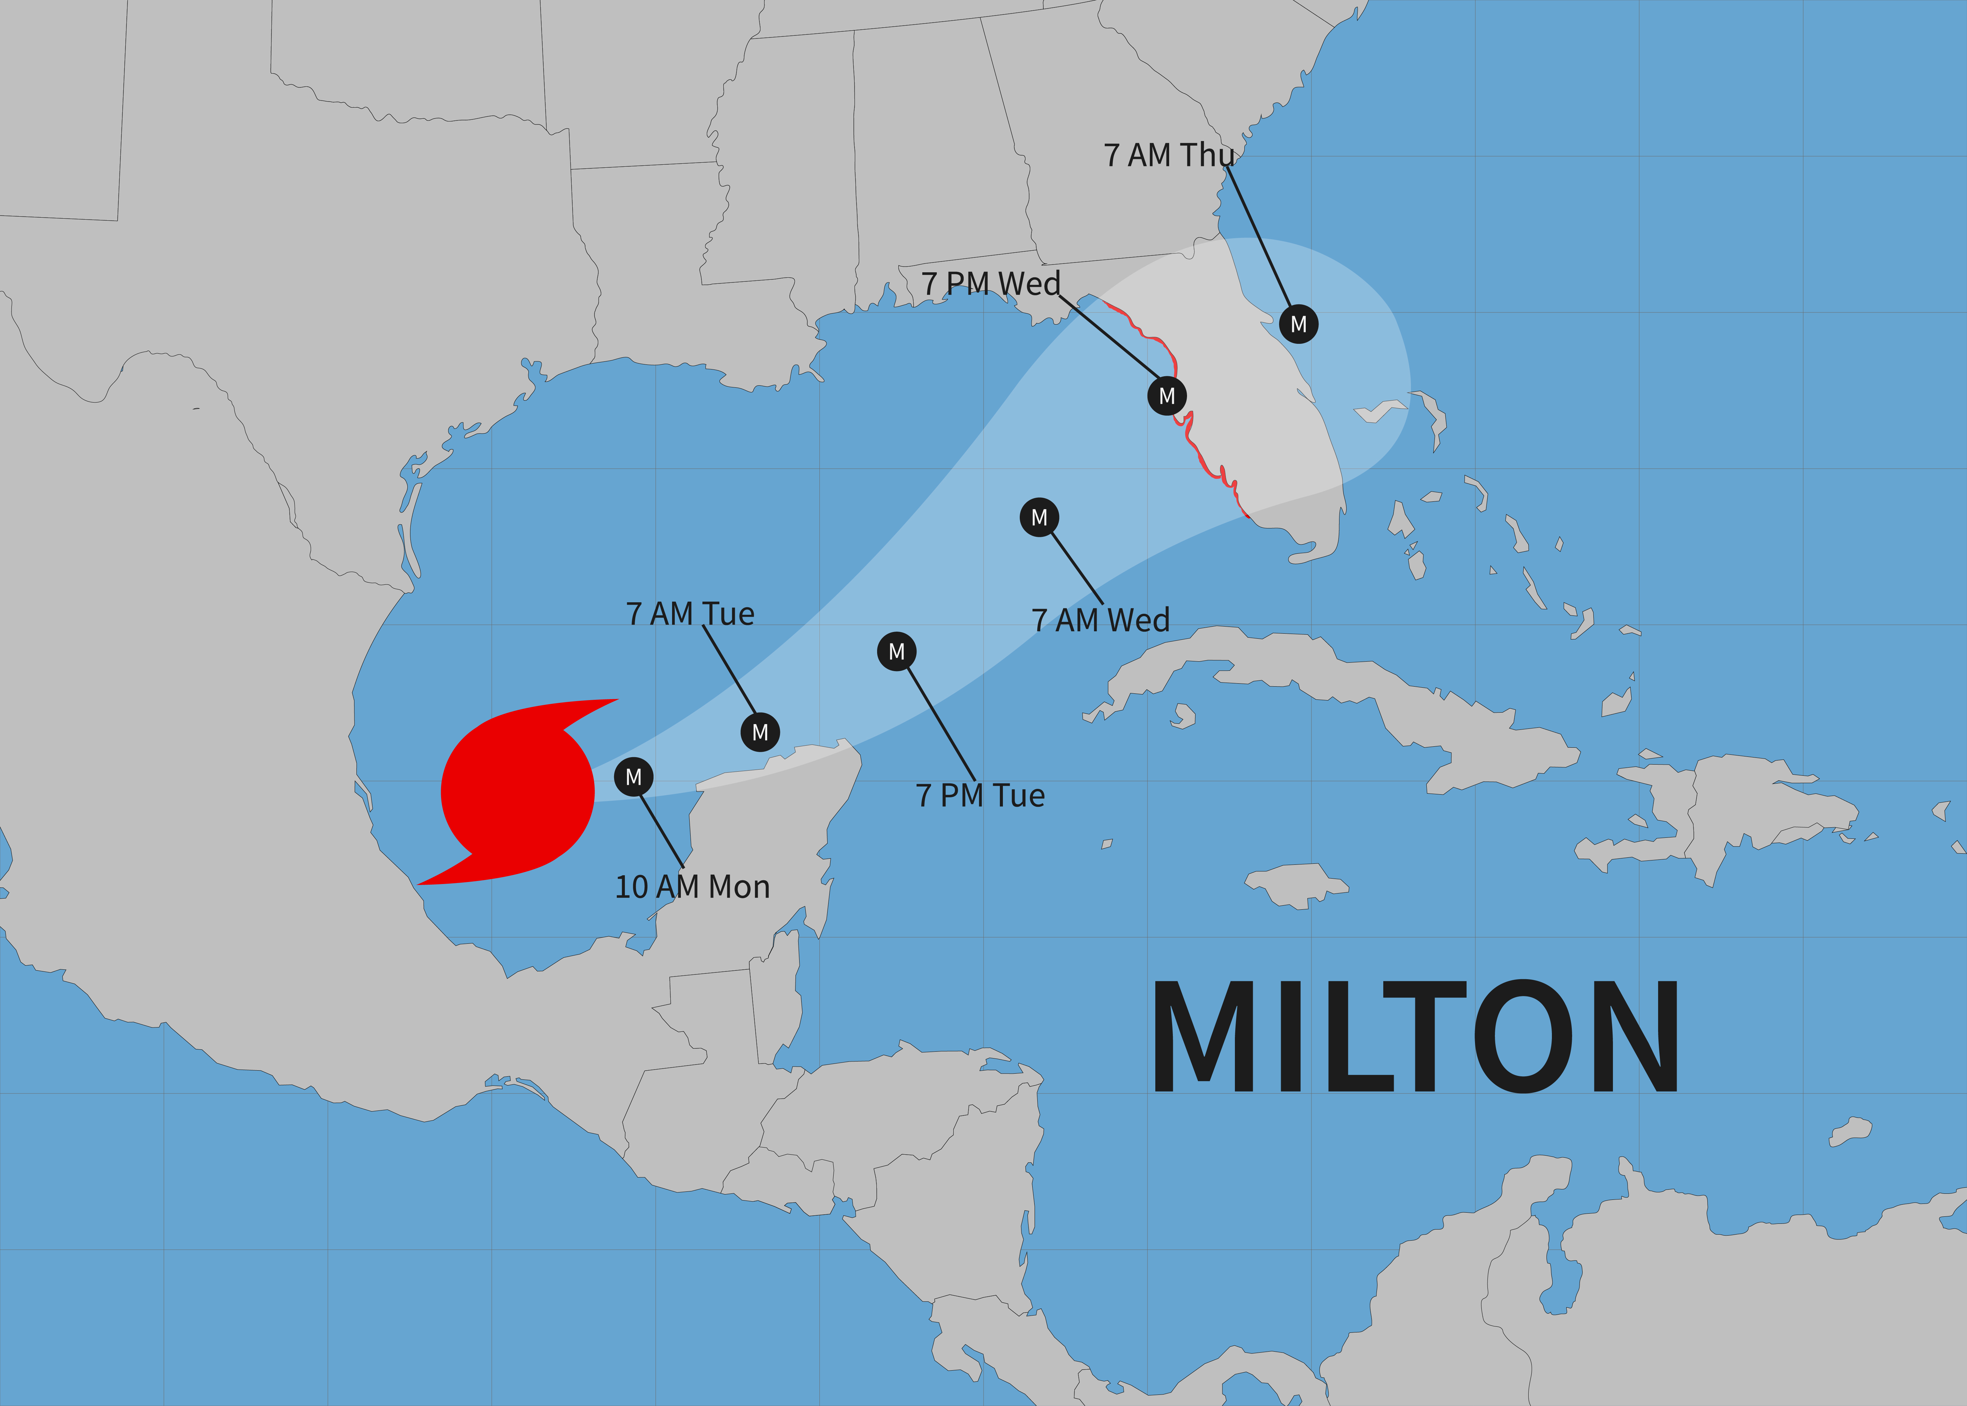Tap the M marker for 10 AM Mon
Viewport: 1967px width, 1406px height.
(x=633, y=777)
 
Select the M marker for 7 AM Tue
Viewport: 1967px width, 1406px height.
(x=760, y=733)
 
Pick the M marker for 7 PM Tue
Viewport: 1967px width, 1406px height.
(x=897, y=651)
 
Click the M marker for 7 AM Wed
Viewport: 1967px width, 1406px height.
(x=1039, y=517)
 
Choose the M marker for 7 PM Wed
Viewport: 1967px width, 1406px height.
(x=1166, y=396)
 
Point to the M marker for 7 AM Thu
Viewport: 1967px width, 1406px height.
(x=1298, y=324)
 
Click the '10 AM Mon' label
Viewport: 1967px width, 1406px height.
(x=692, y=886)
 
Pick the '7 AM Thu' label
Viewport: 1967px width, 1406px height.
(x=1168, y=155)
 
